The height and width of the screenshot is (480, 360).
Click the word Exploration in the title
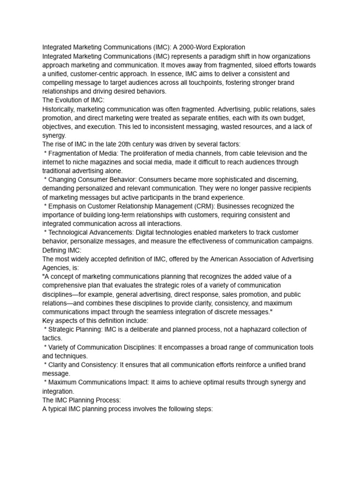(227, 47)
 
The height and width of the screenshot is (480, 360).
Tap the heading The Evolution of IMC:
(74, 100)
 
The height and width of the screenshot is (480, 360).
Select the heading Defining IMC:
(62, 250)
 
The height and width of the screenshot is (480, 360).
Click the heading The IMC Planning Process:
(82, 400)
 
